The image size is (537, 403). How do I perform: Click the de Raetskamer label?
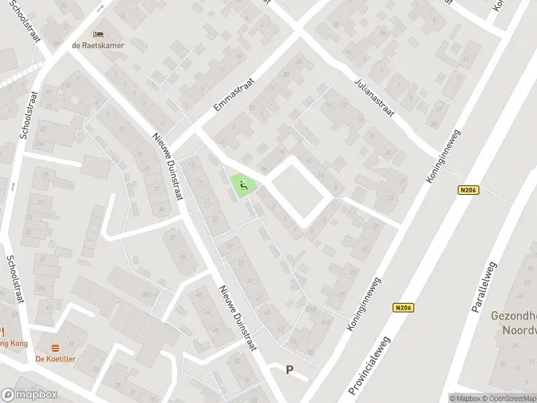click(99, 45)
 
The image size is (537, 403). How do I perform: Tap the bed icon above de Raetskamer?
click(99, 34)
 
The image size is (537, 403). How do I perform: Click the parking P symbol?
click(290, 369)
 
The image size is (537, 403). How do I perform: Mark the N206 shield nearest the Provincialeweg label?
click(403, 308)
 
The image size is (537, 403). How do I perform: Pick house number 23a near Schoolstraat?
click(41, 142)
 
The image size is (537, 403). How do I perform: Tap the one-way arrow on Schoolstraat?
click(14, 187)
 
